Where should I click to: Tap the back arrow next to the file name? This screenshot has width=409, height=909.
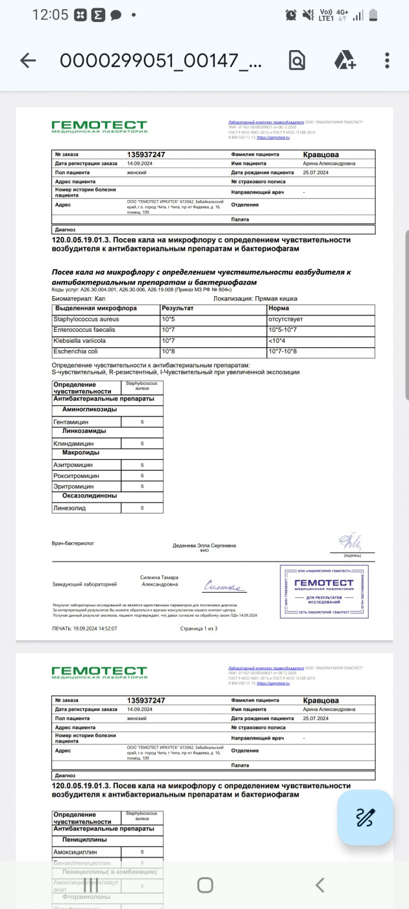(28, 61)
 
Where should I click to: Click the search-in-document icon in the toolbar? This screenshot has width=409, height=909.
(297, 61)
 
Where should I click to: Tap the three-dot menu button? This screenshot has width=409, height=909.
(387, 61)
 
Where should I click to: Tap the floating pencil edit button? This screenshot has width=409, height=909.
(366, 817)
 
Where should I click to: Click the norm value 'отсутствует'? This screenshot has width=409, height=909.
(285, 319)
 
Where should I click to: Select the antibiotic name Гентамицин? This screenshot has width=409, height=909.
(72, 421)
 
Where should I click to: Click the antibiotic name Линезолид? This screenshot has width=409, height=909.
(69, 508)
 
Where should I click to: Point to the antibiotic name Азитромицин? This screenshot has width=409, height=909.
(73, 465)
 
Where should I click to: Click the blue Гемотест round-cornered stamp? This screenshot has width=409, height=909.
(324, 591)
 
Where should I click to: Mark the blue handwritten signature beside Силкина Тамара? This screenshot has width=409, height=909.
(223, 587)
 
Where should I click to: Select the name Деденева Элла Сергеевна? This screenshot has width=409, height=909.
(204, 545)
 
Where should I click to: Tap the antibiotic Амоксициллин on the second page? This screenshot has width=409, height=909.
(77, 851)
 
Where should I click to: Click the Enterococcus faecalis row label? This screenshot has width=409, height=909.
(81, 330)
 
